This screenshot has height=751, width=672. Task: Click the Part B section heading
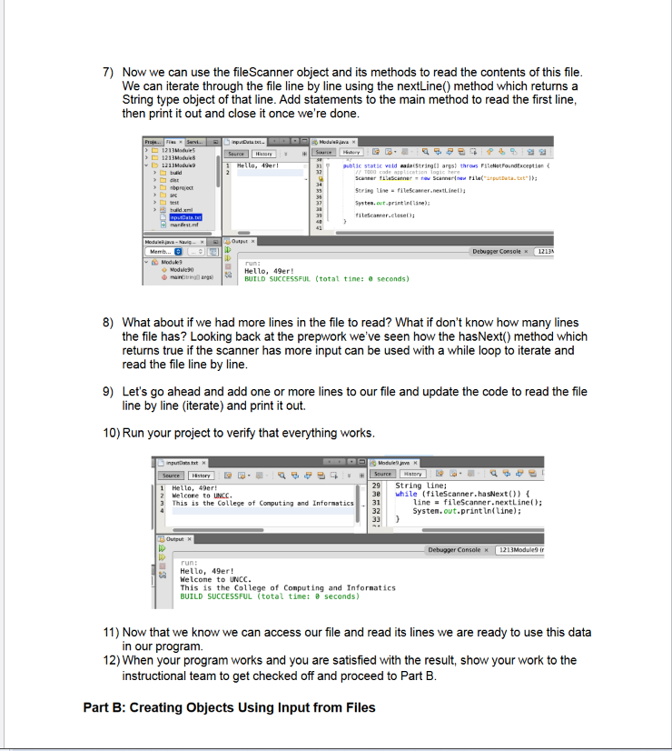click(229, 707)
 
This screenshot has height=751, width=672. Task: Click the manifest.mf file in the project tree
click(178, 226)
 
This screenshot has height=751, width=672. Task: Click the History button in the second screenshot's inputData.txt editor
click(202, 475)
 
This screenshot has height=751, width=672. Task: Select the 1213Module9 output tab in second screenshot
click(522, 550)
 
